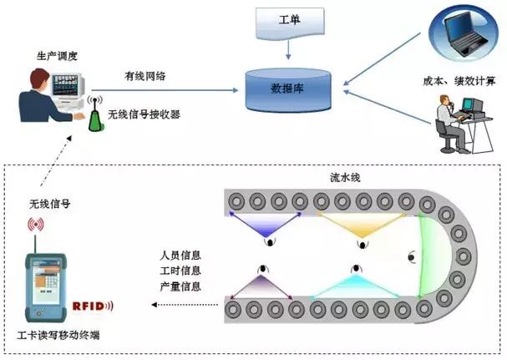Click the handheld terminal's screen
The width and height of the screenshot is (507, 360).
(x=48, y=283)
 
